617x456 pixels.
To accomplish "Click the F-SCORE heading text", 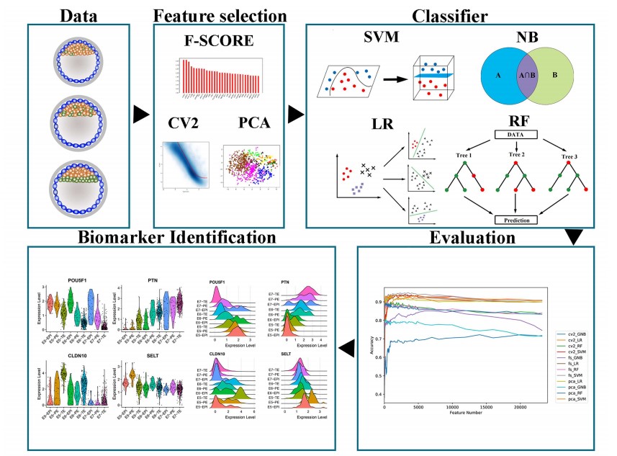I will tap(218, 41).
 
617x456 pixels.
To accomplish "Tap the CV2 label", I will tap(184, 124).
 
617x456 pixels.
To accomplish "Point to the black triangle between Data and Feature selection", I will tap(141, 114).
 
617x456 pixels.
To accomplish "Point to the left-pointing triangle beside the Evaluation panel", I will tap(348, 349).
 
